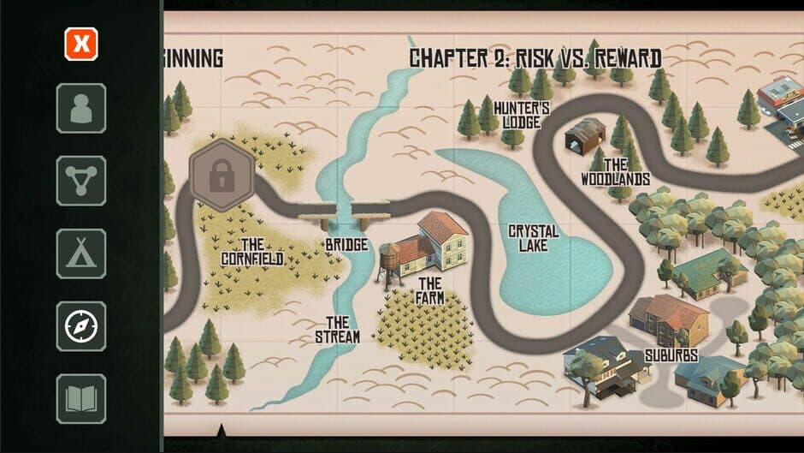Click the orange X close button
point(81,44)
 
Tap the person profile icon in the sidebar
point(81,108)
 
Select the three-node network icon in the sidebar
point(81,181)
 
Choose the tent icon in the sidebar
point(81,253)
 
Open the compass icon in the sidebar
point(81,326)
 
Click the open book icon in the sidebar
point(81,398)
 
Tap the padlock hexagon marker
point(222,175)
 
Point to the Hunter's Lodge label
point(521,115)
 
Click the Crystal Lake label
point(534,238)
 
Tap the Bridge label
point(346,245)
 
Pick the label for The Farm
point(430,290)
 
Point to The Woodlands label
point(615,172)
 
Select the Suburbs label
point(671,355)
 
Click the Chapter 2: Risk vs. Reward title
point(535,58)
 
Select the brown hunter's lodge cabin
point(585,135)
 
